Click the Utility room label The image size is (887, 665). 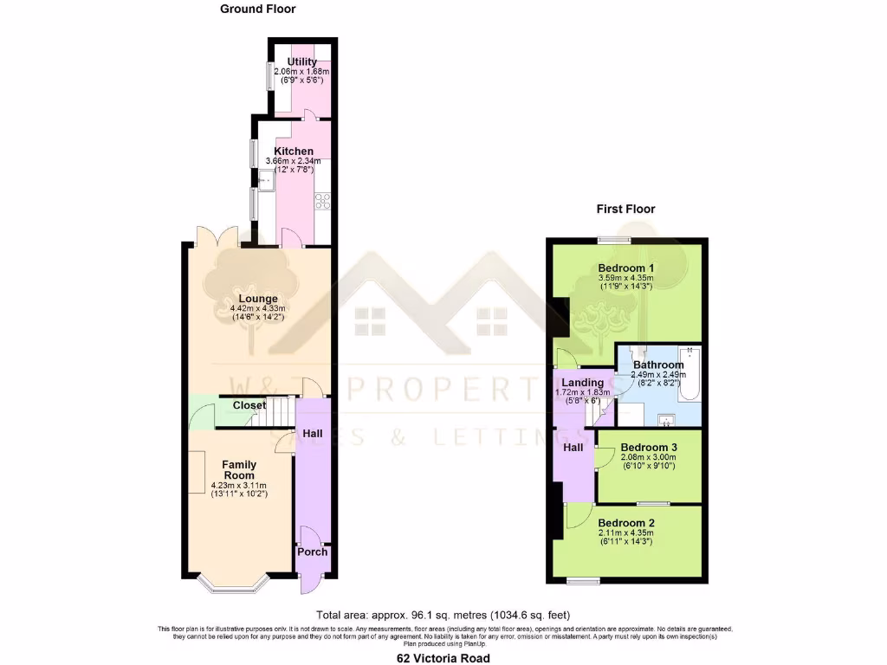(x=302, y=61)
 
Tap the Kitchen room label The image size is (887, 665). (x=294, y=152)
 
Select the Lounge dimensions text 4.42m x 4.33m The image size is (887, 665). (x=257, y=308)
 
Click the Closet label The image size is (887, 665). (x=249, y=405)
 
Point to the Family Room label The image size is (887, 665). (x=238, y=470)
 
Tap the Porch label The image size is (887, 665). (x=312, y=552)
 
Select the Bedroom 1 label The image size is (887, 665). (x=625, y=268)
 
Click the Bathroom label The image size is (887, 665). (x=658, y=365)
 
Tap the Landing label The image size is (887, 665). (x=582, y=383)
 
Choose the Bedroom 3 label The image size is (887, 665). (x=649, y=448)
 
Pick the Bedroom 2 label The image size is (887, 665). (x=625, y=523)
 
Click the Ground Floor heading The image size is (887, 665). (x=257, y=10)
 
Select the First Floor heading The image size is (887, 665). (x=625, y=209)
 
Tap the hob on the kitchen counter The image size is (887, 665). (x=322, y=201)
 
